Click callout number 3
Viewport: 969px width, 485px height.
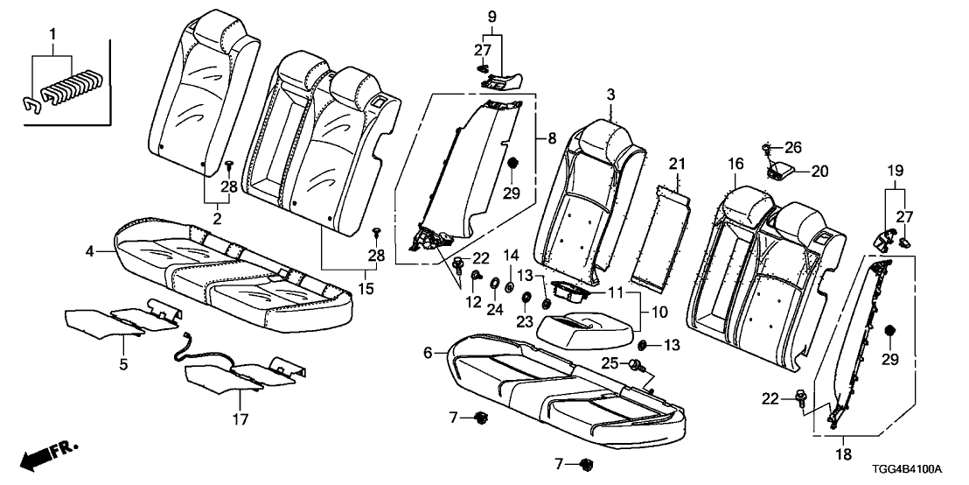(612, 94)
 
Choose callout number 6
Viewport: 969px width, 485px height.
(429, 353)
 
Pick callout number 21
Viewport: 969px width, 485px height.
(673, 164)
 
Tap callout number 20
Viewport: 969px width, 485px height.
(819, 172)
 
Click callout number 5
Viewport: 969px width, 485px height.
(124, 362)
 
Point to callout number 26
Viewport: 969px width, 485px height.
(793, 146)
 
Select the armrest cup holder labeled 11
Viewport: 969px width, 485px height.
(570, 293)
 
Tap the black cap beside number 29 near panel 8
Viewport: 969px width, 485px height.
(513, 164)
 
